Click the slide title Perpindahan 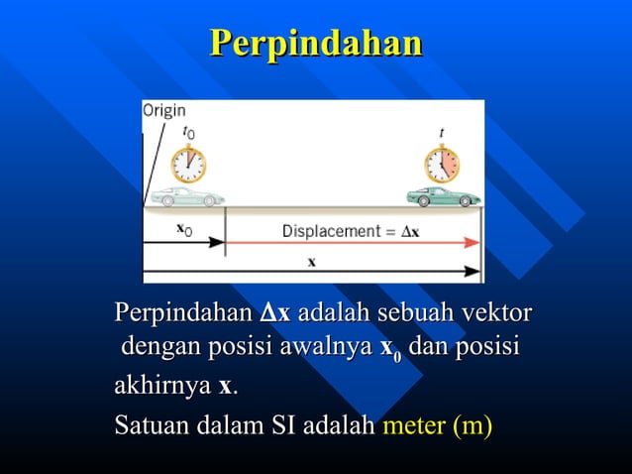tap(316, 43)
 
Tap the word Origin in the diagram tap(163, 111)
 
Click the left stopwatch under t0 tap(188, 164)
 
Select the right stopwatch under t tap(442, 164)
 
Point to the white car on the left tap(187, 196)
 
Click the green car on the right tap(443, 196)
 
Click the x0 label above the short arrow tap(184, 229)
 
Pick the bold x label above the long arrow tap(311, 262)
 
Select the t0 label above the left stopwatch tap(189, 131)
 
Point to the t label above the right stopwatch tap(441, 131)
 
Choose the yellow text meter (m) tap(437, 426)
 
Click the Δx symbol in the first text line tap(274, 315)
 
